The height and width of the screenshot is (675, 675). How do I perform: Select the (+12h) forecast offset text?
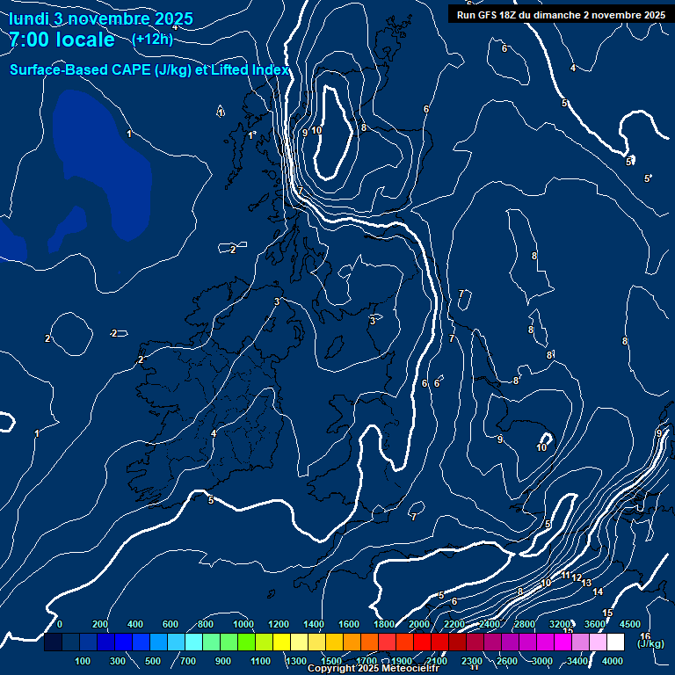(152, 40)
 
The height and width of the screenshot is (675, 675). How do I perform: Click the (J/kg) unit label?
(650, 644)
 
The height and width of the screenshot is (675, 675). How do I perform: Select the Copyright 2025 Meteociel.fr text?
(374, 669)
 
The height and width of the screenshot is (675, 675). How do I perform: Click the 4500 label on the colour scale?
(629, 624)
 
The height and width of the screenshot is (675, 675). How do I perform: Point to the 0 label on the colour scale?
(60, 624)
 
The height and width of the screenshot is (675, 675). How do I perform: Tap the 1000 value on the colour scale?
(243, 624)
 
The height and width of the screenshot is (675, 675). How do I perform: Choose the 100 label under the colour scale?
(83, 661)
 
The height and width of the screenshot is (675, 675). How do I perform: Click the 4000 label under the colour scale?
(613, 661)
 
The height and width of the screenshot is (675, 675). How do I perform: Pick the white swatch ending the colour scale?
(615, 642)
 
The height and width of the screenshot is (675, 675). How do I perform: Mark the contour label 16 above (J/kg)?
(645, 635)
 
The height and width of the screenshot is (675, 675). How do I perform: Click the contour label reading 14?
(598, 592)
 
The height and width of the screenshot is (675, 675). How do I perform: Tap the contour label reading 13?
(586, 583)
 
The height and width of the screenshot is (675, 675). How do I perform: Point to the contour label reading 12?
(577, 577)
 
